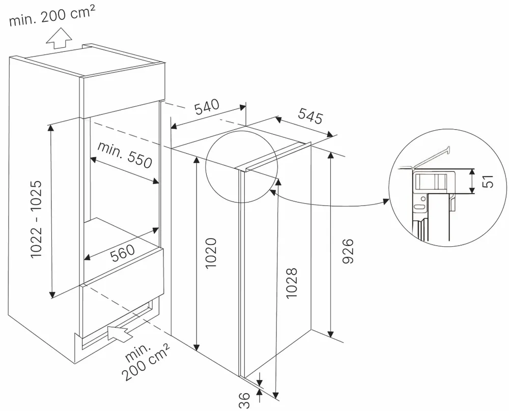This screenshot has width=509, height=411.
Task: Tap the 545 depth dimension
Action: (x=310, y=117)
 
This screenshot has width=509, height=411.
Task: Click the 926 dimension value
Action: (x=348, y=251)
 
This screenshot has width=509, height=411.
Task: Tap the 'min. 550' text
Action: (x=125, y=155)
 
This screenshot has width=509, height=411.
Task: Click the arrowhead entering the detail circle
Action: (x=385, y=201)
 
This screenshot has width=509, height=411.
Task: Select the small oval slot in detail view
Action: (x=418, y=207)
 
